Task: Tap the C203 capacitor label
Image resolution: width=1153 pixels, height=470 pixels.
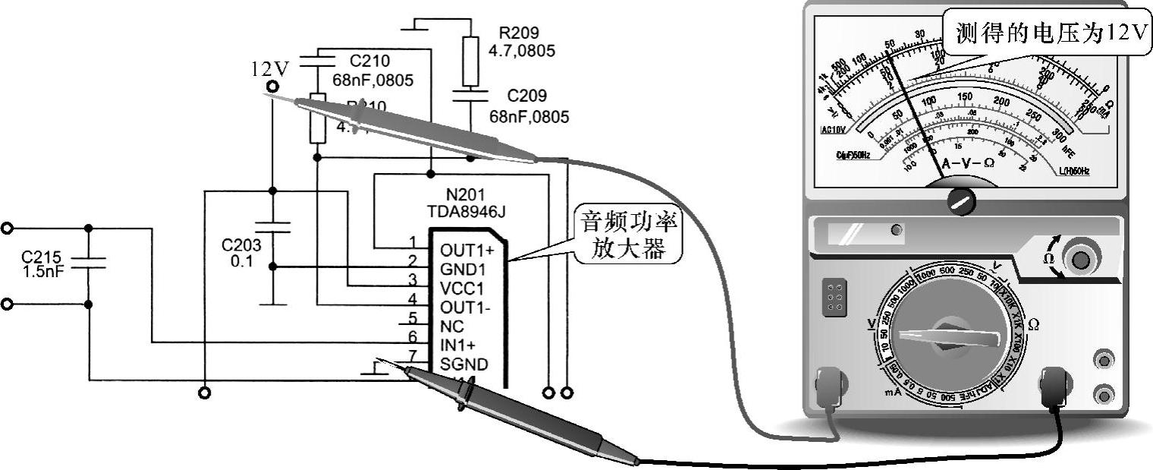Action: (x=240, y=245)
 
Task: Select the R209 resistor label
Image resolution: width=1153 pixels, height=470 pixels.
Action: (x=519, y=33)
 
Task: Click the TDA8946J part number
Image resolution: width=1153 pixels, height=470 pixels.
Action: (x=466, y=212)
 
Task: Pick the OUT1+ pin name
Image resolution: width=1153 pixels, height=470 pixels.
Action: (x=467, y=250)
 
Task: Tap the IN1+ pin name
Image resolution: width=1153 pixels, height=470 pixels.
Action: (x=457, y=345)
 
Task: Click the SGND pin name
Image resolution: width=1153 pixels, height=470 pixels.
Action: (x=463, y=364)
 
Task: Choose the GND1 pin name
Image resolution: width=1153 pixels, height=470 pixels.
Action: (x=462, y=270)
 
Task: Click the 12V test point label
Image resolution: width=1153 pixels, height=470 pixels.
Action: (x=270, y=70)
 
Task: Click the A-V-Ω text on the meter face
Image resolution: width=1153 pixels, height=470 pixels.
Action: (x=967, y=162)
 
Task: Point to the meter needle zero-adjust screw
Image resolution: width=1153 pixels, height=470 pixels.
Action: (x=961, y=200)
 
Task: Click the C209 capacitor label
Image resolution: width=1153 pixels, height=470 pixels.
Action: (x=538, y=96)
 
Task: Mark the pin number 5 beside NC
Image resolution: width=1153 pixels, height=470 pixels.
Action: (x=413, y=319)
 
